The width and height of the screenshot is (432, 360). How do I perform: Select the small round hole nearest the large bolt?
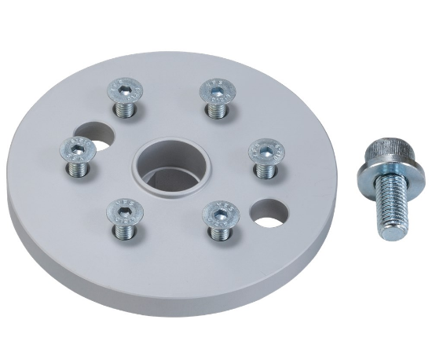click(269, 212)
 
